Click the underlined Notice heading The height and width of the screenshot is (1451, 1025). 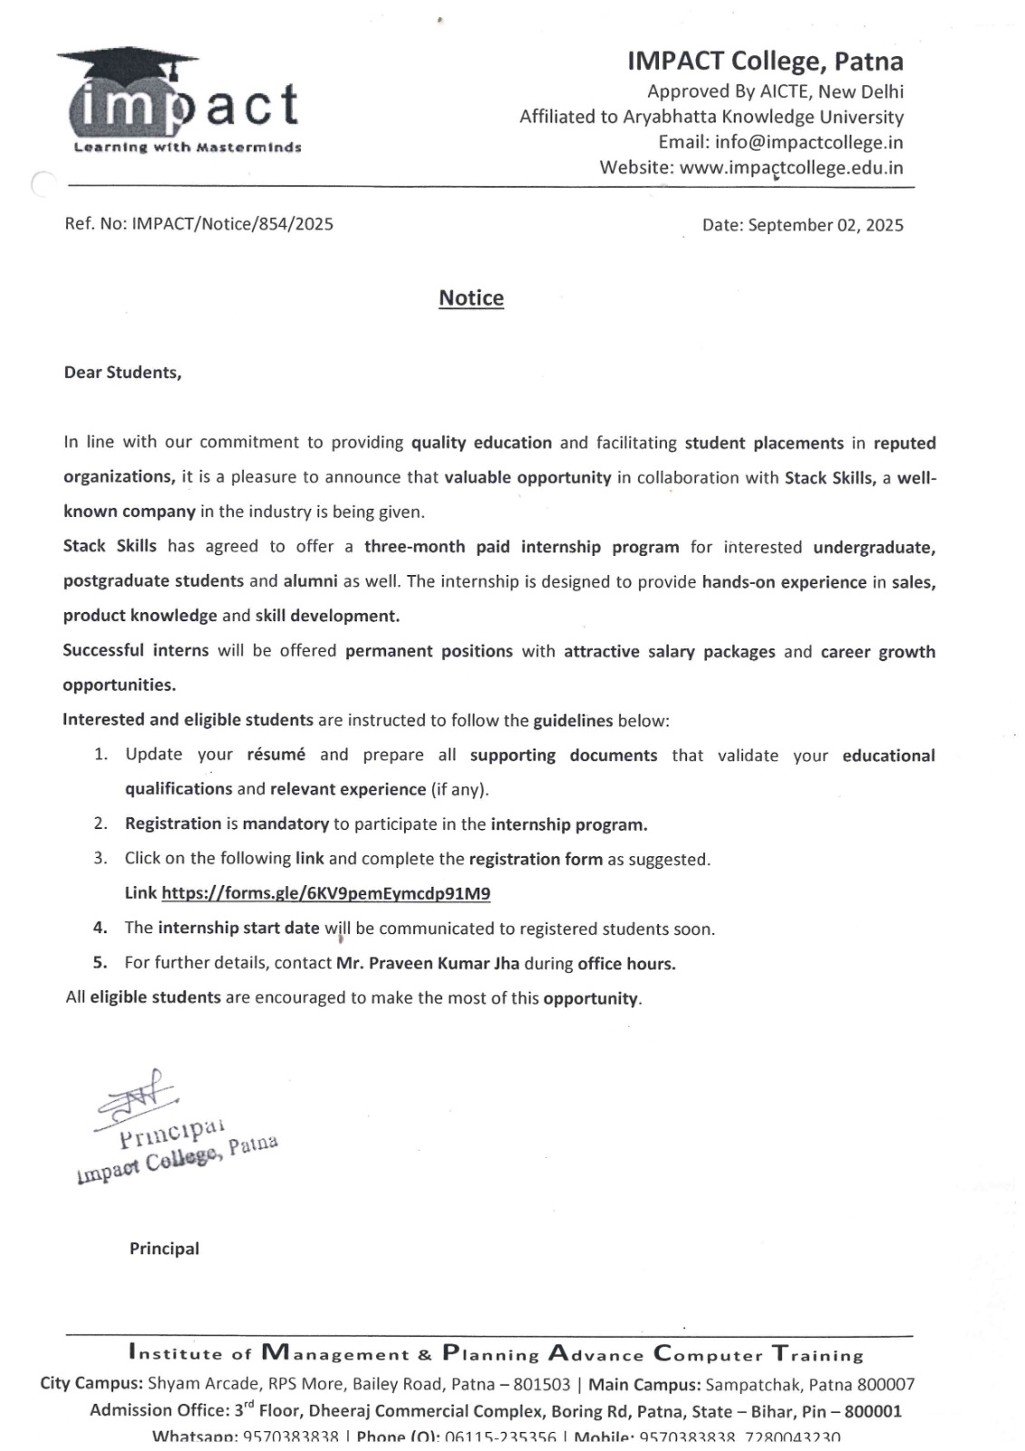[471, 298]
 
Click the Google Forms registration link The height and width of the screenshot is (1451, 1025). [325, 893]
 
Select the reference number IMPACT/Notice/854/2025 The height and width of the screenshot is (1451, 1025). [232, 224]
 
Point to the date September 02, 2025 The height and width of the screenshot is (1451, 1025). [825, 225]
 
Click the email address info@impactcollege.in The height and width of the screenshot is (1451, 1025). [808, 142]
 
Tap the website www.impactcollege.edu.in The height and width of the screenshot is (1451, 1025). [791, 168]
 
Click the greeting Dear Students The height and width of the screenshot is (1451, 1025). [122, 373]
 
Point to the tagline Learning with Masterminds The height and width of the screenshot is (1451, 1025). [187, 147]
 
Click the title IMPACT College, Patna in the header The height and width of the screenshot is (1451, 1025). [765, 62]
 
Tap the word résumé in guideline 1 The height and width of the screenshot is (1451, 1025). [276, 755]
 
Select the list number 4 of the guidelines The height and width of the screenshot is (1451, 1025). [101, 928]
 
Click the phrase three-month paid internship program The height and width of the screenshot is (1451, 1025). [521, 547]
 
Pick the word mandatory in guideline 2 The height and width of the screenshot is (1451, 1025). [285, 824]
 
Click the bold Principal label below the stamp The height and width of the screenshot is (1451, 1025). [164, 1249]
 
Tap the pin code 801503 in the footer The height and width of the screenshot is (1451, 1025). [542, 1385]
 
